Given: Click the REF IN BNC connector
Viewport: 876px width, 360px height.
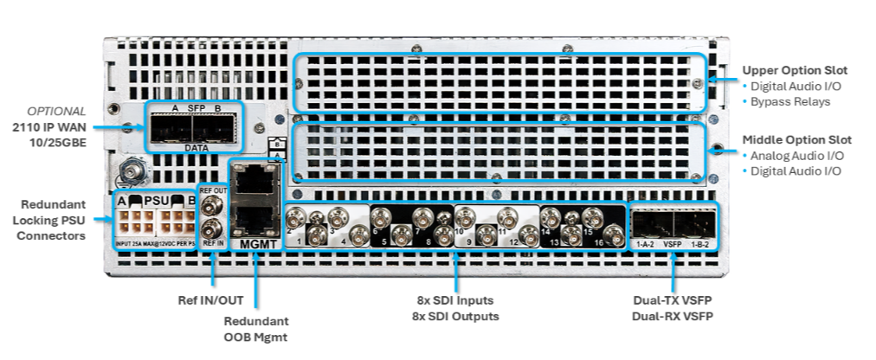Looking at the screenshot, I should pos(212,230).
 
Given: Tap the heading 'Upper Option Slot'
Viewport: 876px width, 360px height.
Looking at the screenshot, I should pos(795,69).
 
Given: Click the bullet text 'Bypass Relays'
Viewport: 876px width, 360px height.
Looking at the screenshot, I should pos(790,101).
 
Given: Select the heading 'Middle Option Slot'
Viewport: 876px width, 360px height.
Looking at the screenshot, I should pos(796,139).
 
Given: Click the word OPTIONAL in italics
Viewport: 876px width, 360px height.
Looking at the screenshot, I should pos(56,112).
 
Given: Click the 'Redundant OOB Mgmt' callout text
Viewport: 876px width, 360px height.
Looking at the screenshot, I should pos(255,330).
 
